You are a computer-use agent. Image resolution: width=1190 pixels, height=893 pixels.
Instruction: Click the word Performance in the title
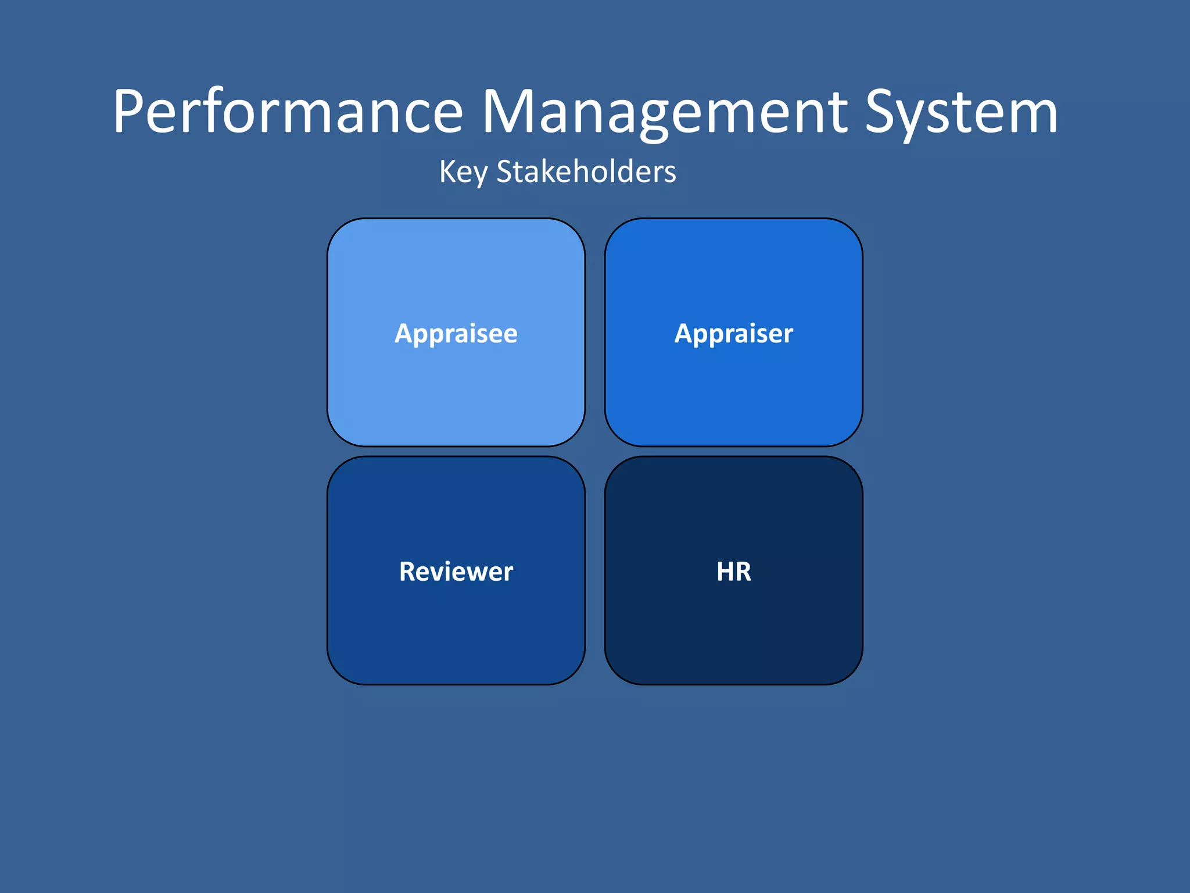[x=288, y=112]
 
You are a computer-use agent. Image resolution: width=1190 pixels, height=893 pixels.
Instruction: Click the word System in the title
[x=961, y=112]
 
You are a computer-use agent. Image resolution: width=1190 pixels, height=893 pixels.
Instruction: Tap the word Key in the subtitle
[x=463, y=172]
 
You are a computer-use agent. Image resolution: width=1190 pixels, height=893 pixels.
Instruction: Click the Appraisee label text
[x=456, y=334]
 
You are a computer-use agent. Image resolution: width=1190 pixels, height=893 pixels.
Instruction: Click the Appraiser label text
[x=734, y=334]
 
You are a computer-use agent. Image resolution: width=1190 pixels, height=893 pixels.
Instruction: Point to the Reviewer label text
[x=456, y=571]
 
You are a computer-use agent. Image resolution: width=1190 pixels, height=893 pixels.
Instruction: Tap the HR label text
[x=734, y=571]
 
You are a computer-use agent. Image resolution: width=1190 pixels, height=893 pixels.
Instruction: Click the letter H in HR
[x=726, y=571]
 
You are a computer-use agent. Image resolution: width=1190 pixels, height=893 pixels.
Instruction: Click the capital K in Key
[x=447, y=172]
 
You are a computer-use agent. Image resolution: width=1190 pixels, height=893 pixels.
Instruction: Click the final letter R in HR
[x=744, y=571]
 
